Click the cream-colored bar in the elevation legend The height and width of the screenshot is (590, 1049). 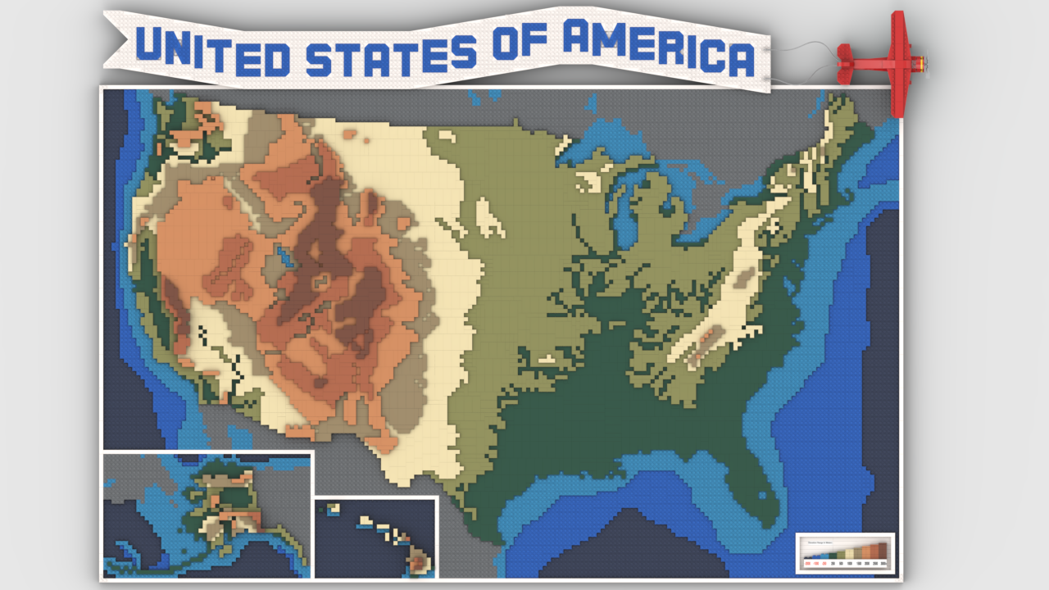click(x=849, y=554)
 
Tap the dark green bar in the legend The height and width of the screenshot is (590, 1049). click(x=833, y=556)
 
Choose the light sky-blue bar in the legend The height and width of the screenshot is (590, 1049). click(x=824, y=556)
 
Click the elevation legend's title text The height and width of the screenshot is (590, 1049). click(x=820, y=542)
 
